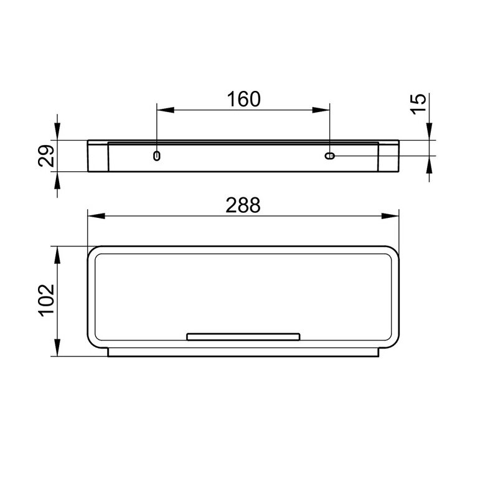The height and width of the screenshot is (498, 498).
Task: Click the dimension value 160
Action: (x=243, y=99)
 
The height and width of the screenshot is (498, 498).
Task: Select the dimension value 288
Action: (x=243, y=205)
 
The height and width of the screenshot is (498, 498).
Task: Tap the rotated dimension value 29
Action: (x=46, y=156)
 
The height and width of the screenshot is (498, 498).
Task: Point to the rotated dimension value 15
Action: (x=418, y=104)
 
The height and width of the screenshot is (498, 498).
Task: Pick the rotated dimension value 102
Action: (x=46, y=300)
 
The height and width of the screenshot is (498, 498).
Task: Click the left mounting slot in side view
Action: (x=157, y=156)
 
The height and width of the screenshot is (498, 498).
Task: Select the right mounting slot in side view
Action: (x=330, y=156)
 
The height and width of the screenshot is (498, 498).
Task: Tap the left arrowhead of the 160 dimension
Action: (x=166, y=110)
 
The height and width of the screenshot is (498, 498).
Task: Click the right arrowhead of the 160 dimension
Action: (x=321, y=110)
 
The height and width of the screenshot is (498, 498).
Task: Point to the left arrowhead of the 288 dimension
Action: (x=96, y=216)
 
